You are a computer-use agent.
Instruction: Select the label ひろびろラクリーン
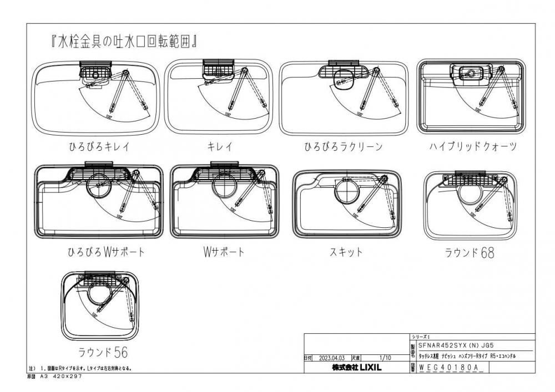tap(343, 147)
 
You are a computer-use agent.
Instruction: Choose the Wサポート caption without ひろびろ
tap(223, 252)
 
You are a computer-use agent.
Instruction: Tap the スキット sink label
tap(346, 252)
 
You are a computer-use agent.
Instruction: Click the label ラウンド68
tap(469, 253)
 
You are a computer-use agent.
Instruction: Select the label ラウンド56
tap(99, 352)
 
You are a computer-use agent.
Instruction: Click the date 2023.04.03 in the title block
tap(333, 359)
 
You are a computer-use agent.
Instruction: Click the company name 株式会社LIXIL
tap(356, 368)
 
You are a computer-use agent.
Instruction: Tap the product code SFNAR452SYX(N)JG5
tap(455, 344)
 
